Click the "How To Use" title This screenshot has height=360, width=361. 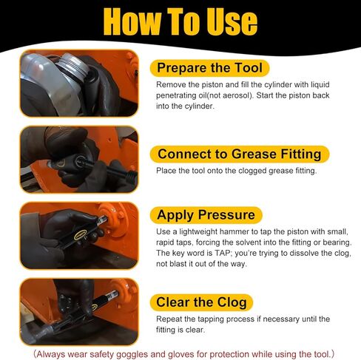pos(180,21)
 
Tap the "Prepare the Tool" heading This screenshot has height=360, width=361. pos(209,68)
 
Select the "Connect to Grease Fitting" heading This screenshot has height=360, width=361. pos(240,154)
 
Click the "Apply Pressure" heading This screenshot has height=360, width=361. pos(206,215)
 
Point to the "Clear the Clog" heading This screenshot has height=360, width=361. pos(201,302)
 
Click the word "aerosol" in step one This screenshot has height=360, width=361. pos(237,95)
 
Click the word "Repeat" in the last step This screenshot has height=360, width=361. pos(169,319)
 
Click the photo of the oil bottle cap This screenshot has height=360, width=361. pos(79,83)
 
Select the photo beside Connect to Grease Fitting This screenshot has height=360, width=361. pos(79,160)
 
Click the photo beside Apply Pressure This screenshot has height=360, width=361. pos(79,236)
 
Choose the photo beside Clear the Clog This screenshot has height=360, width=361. pos(79,312)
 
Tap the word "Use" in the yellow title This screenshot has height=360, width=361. pos(232,21)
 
